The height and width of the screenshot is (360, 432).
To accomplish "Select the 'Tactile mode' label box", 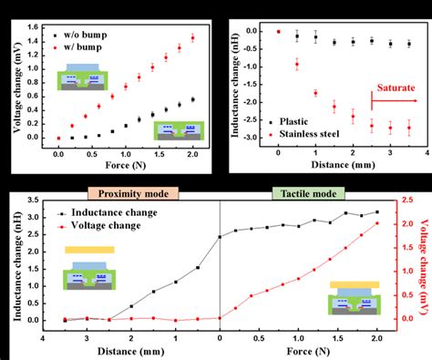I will (x=306, y=192).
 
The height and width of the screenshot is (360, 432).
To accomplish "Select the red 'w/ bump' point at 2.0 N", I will (x=192, y=37).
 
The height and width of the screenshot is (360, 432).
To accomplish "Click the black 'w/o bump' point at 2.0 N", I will (x=192, y=99).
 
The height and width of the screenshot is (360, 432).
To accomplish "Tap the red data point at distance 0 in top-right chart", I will (x=278, y=31).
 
